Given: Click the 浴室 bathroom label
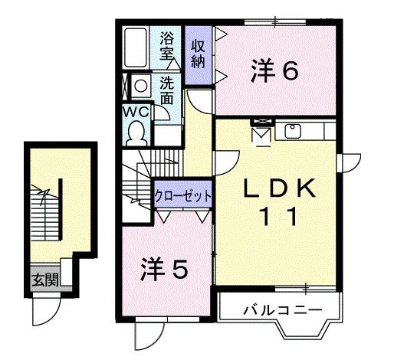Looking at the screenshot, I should (x=167, y=46).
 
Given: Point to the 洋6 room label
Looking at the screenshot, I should (x=274, y=70).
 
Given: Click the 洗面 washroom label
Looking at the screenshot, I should (x=167, y=90).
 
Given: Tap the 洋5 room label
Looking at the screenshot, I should (x=164, y=270).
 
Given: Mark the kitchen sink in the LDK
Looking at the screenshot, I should (x=293, y=130).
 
